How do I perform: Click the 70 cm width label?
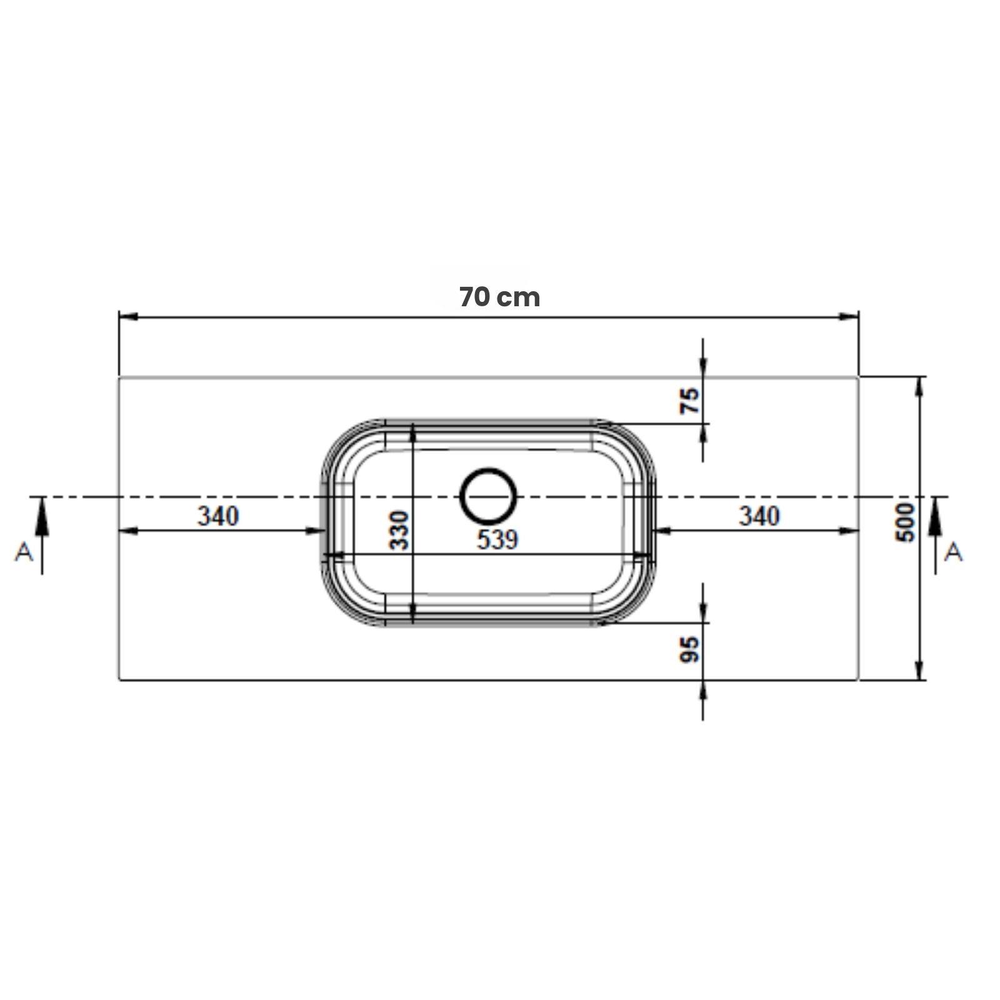[x=499, y=297]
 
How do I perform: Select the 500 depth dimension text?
[x=906, y=522]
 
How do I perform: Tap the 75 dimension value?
[x=690, y=401]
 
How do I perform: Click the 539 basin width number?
[x=497, y=539]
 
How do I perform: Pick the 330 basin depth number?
[x=399, y=531]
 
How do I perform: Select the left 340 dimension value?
[x=218, y=516]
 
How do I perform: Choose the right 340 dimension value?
[x=759, y=516]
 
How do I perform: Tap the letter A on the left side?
[x=24, y=552]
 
